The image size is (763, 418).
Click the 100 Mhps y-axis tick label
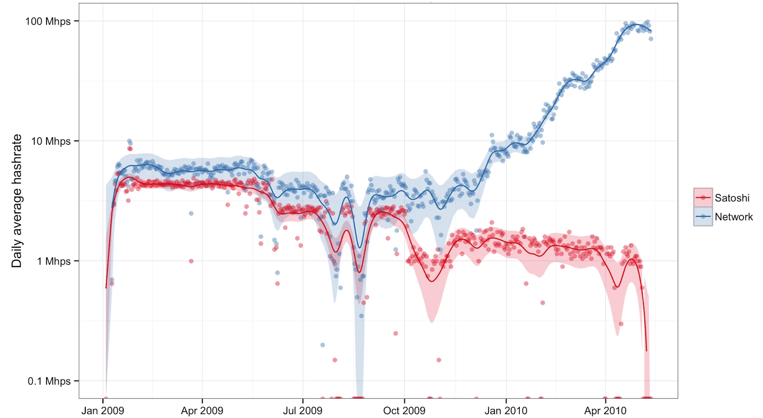coord(48,22)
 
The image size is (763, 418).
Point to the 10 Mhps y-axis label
coord(51,141)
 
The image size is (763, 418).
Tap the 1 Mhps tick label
coord(53,261)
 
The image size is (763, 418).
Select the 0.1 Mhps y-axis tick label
coord(49,381)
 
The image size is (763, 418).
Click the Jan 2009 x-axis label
coord(102,411)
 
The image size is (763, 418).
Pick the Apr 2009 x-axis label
coord(202,411)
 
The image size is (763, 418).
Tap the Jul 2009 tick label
coord(303,411)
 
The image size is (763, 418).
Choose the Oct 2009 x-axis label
coord(404,411)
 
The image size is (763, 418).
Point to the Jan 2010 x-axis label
coord(506,411)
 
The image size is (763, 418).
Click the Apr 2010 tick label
coord(605,411)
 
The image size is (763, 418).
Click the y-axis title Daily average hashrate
coord(17,201)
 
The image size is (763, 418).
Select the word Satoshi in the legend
coord(732,198)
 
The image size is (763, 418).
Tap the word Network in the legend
coord(734,217)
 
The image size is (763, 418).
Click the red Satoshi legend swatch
coord(703,198)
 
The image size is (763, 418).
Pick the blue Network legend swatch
coord(703,216)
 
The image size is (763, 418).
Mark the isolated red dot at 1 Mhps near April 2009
coord(191,261)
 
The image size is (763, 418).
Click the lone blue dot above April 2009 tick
coord(191,213)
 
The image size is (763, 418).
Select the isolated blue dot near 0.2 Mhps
coord(323,345)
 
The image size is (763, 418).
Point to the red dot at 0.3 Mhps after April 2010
coord(621,324)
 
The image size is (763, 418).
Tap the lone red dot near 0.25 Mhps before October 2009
coord(396,334)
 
